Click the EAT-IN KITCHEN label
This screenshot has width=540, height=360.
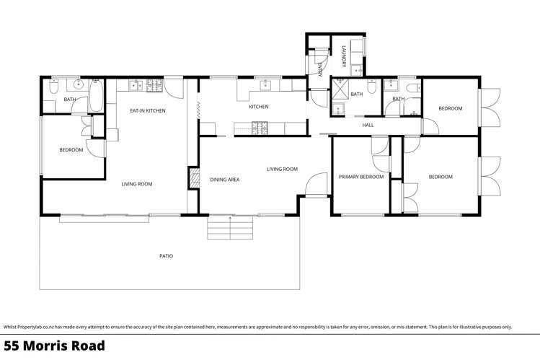coord(147,110)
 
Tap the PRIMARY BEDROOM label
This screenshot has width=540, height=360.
coord(361,177)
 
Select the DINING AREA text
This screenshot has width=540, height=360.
coord(224,180)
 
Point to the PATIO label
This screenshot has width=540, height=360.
coord(166,256)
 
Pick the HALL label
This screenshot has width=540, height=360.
coord(368,125)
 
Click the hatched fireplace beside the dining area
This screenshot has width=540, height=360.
coord(193,178)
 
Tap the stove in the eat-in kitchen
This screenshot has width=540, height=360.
coord(154,86)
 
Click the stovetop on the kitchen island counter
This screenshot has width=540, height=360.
coord(260,128)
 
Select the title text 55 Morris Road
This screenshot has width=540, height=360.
coord(54,346)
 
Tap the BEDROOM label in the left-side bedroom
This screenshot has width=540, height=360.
coord(71,150)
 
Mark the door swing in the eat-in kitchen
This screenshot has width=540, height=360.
coord(173,87)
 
